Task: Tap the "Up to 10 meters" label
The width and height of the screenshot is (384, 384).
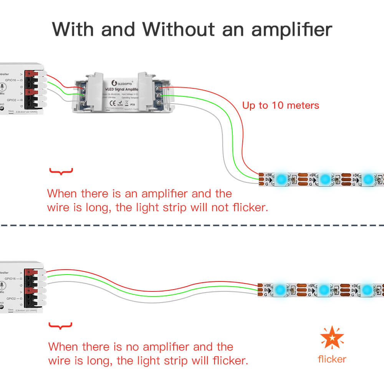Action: click(x=281, y=105)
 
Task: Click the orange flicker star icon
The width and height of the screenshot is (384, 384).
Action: click(x=332, y=338)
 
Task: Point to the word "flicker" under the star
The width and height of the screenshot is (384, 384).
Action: click(x=332, y=359)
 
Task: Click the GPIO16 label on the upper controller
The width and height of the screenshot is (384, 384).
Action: click(x=10, y=80)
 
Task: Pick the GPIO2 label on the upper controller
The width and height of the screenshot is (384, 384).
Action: click(x=10, y=100)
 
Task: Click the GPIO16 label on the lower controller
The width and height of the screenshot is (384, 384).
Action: click(x=10, y=279)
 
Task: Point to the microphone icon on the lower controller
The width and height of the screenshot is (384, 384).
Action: click(x=3, y=285)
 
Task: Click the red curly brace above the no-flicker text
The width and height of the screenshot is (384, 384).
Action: click(x=61, y=171)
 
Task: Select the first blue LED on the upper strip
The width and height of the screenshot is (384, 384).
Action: click(x=281, y=179)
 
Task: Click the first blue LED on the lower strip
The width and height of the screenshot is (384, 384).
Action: click(x=281, y=289)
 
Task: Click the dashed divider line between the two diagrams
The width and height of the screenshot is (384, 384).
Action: click(x=192, y=225)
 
